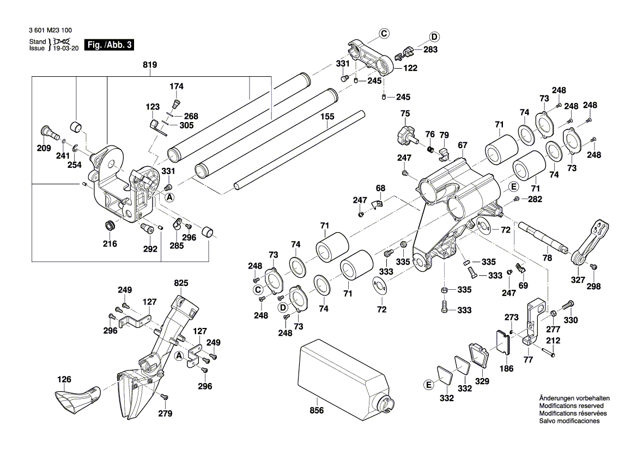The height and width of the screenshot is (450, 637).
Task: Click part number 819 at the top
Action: [150, 65]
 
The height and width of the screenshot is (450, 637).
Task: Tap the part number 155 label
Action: [327, 117]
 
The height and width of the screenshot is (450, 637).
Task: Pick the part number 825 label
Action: [181, 283]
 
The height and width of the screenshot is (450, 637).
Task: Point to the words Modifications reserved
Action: [571, 406]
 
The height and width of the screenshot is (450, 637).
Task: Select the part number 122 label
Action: [410, 68]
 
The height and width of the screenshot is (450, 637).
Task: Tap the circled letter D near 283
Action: [434, 37]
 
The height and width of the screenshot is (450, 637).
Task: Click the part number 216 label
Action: [110, 244]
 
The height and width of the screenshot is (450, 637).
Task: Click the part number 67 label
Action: [463, 145]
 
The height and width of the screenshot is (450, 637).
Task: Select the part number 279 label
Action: [166, 413]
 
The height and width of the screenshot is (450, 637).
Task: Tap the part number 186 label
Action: [507, 369]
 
